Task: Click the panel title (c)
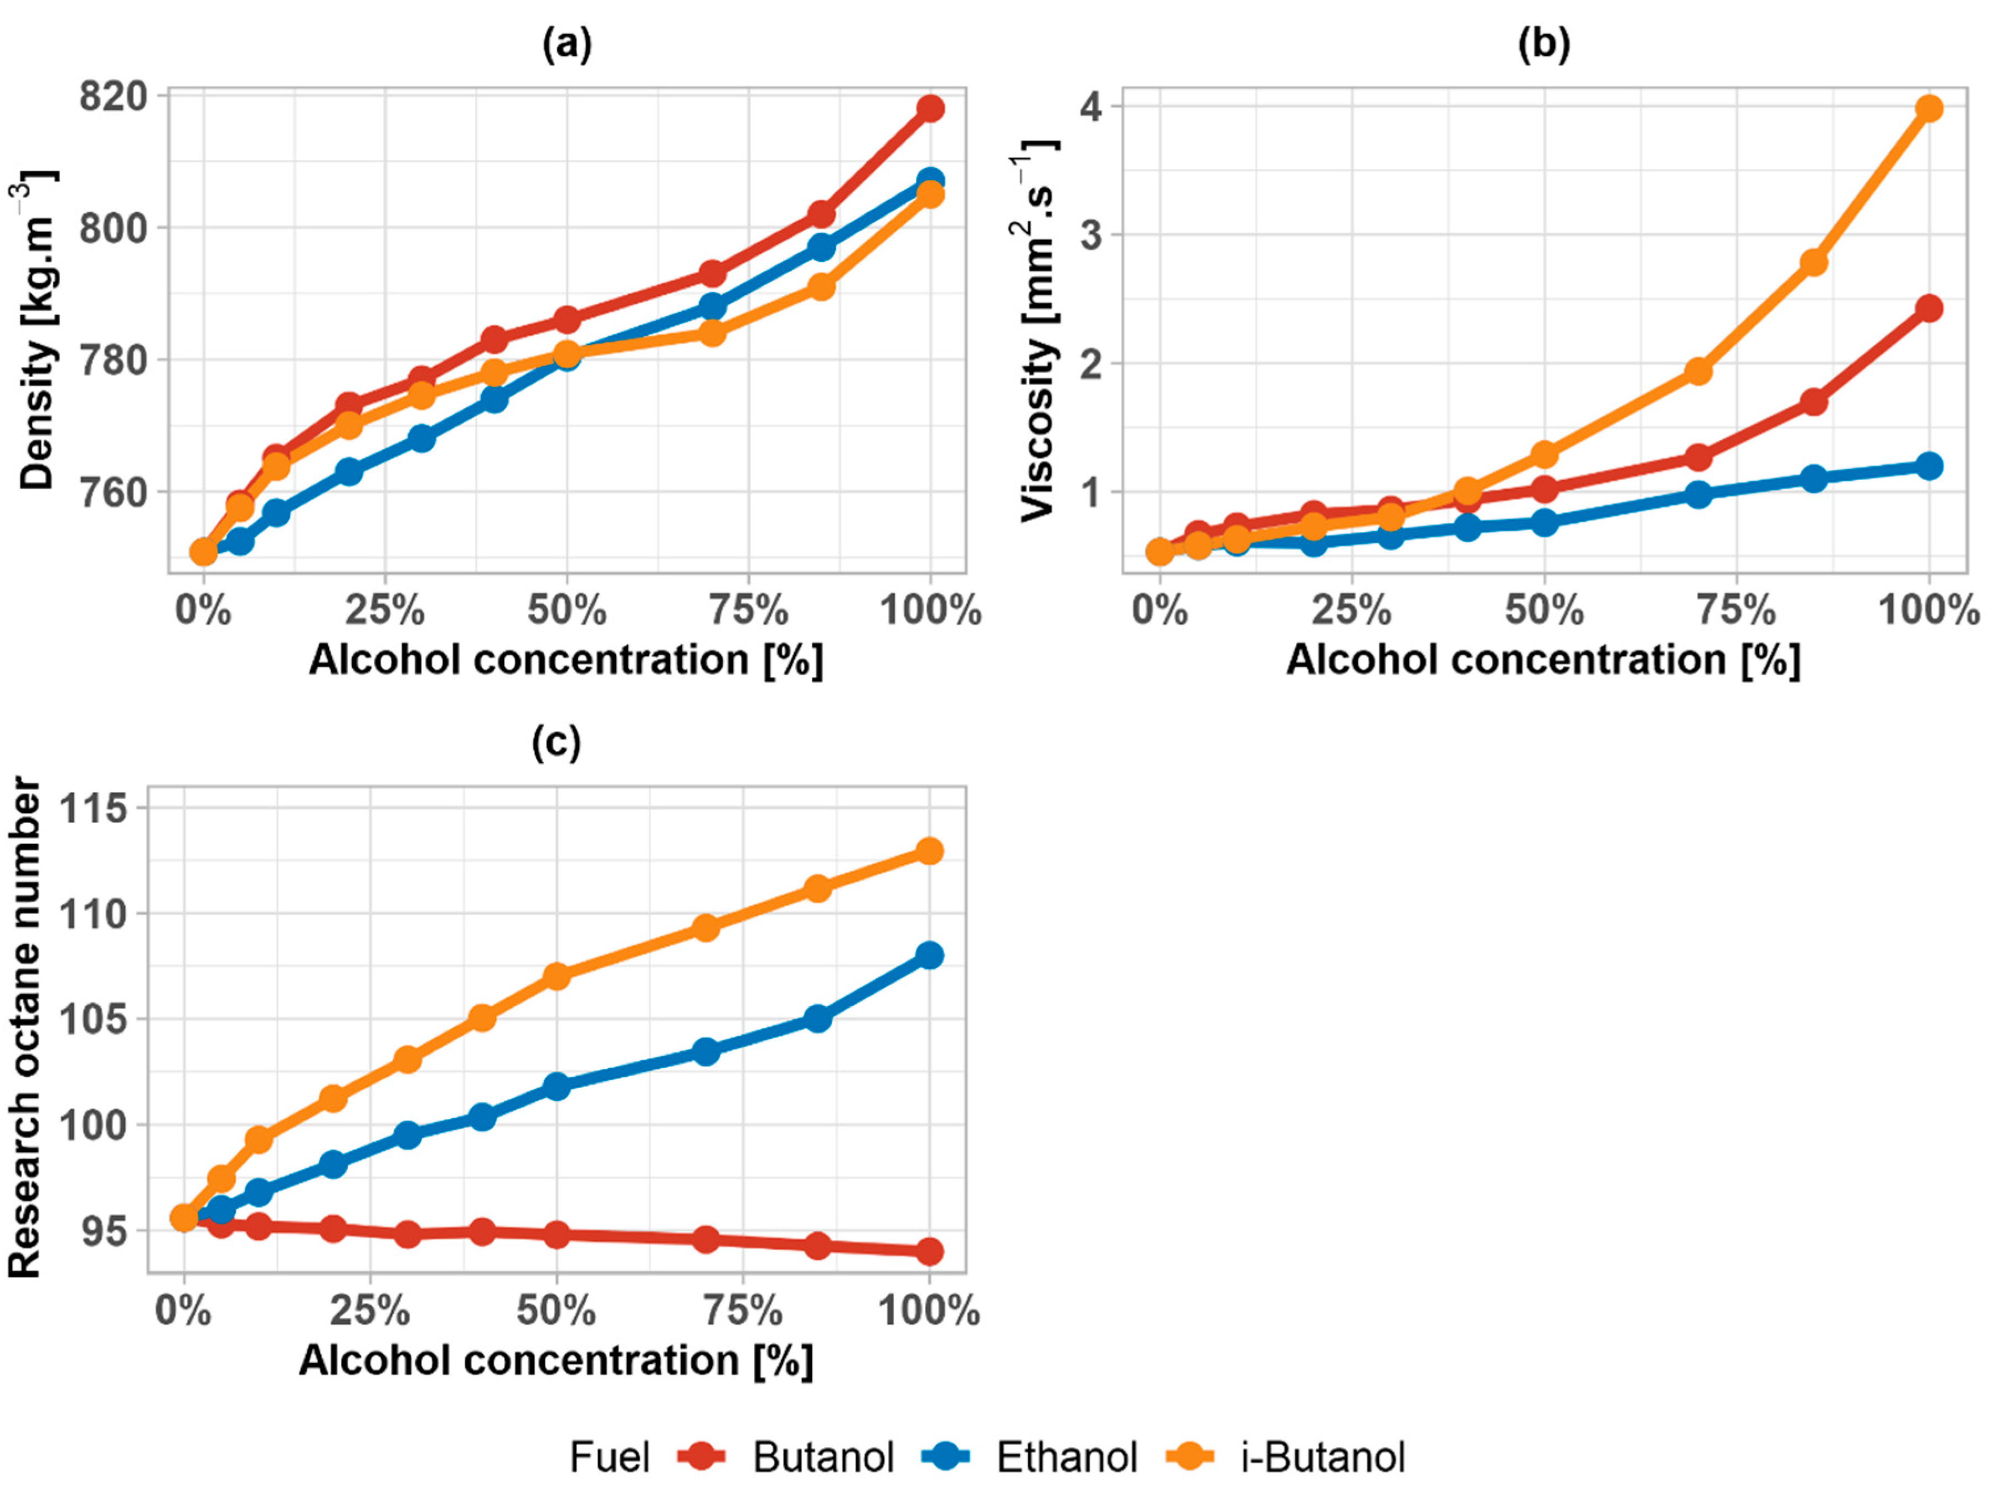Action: pos(557,743)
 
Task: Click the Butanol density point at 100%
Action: pos(930,109)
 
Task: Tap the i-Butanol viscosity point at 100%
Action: pos(1928,109)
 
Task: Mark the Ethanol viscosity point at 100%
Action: pos(1928,466)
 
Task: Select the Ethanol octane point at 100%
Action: pos(929,955)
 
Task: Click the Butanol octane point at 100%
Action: pos(929,1251)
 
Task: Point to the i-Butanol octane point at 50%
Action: pos(557,975)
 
